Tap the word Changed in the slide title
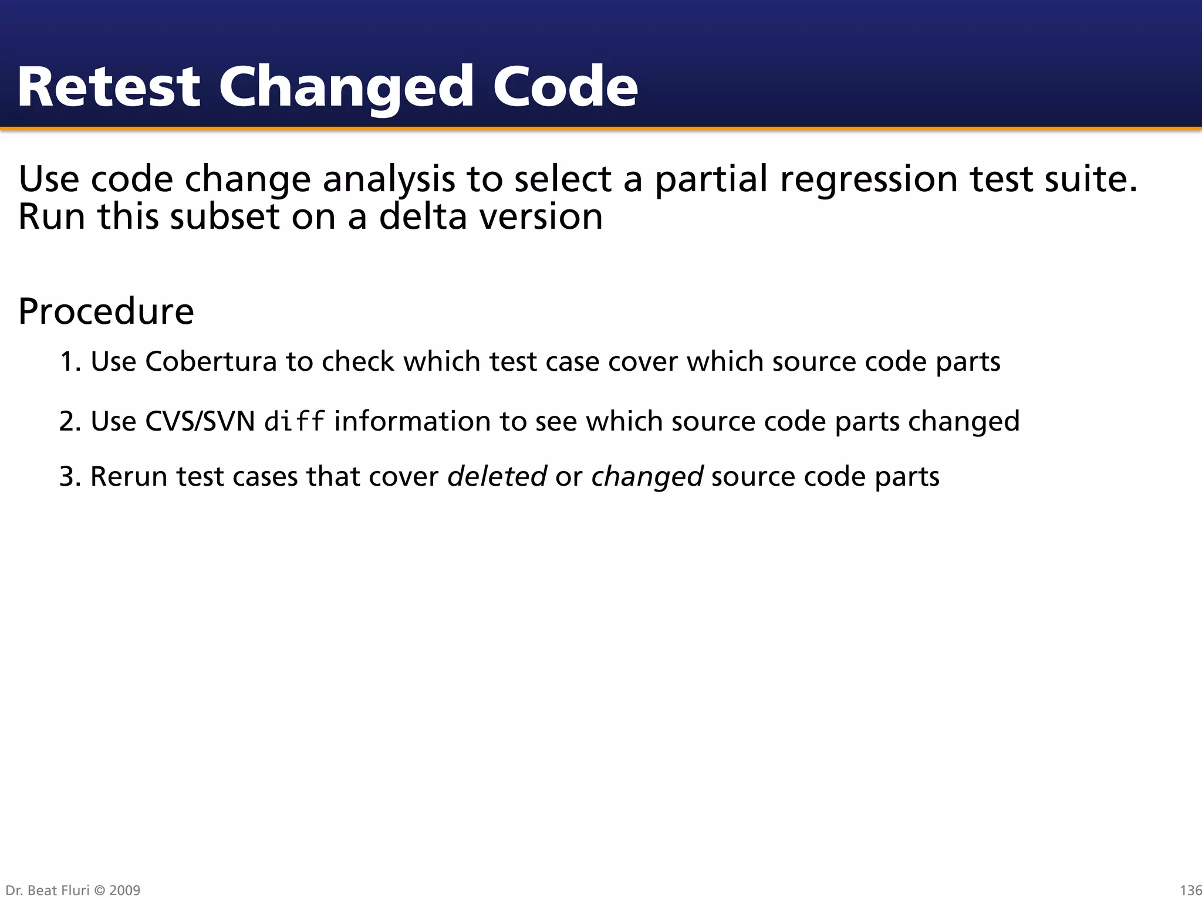click(346, 88)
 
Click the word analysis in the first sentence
click(389, 179)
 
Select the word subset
click(225, 216)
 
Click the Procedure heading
click(106, 311)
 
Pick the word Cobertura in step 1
click(211, 361)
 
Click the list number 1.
click(70, 361)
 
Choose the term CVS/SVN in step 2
click(200, 421)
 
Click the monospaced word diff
click(295, 421)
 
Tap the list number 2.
click(70, 421)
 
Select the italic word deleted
click(497, 476)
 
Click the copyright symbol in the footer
click(99, 890)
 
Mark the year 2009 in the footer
click(125, 890)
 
